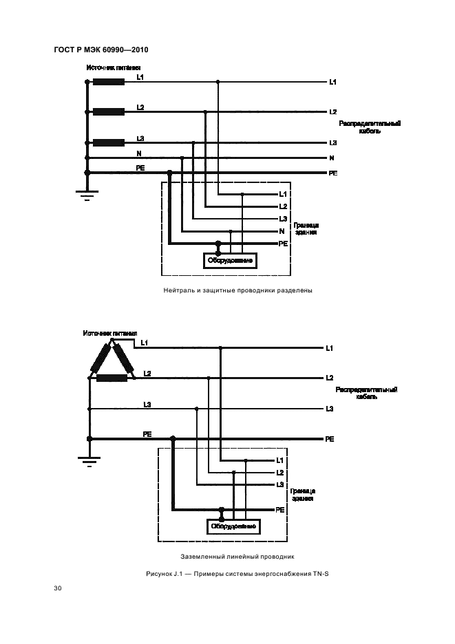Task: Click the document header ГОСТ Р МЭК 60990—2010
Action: click(x=100, y=50)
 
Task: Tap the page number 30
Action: click(x=57, y=588)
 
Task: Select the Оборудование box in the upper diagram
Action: click(x=229, y=261)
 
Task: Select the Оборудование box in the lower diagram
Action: click(x=233, y=526)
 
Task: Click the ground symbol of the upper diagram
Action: click(x=87, y=195)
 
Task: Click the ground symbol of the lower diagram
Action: click(x=89, y=461)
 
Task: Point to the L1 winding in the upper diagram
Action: click(x=109, y=82)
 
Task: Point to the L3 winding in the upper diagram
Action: click(x=109, y=143)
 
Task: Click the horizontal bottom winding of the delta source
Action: click(x=112, y=377)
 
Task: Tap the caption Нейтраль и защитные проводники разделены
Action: click(x=237, y=290)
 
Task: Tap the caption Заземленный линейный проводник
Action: click(x=237, y=555)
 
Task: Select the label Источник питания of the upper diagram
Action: click(x=114, y=68)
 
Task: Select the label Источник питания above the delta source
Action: click(x=110, y=334)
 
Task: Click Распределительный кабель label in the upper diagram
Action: click(x=370, y=127)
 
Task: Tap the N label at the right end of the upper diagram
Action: click(x=332, y=158)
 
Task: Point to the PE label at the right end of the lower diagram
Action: click(x=330, y=439)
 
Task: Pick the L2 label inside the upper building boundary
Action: click(x=283, y=206)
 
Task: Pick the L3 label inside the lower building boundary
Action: click(x=280, y=484)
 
